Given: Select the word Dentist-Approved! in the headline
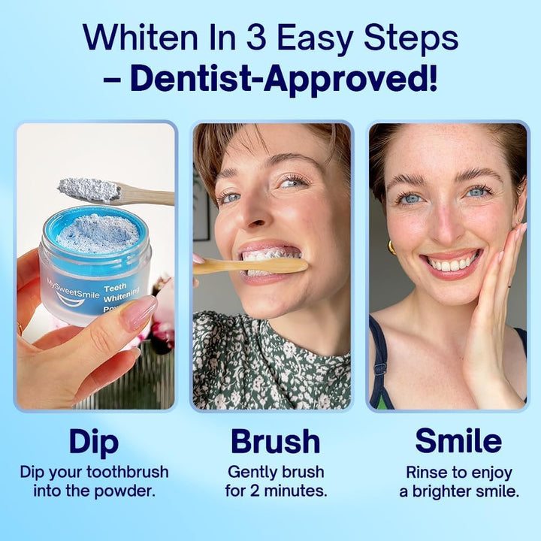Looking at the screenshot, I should tap(294, 77).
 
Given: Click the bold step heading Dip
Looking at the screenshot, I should tap(94, 442).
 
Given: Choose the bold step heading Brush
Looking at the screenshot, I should tap(275, 442).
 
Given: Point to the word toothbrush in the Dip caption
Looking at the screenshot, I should tap(127, 473).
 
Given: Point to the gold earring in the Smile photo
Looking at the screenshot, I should tap(391, 247).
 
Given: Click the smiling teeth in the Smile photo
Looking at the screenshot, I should tap(451, 264).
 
